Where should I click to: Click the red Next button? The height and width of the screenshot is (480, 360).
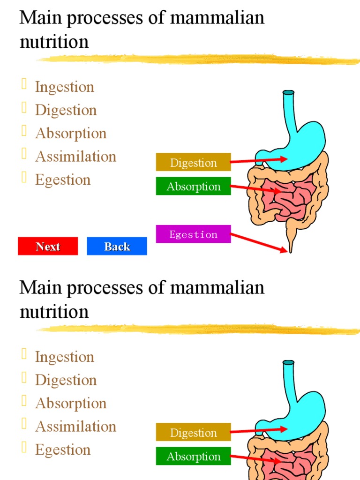tap(48, 246)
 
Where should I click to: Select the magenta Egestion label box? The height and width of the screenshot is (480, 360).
tap(193, 234)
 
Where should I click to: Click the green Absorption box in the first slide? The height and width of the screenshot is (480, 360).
tap(193, 186)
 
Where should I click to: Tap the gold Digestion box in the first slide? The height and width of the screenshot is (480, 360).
tap(193, 162)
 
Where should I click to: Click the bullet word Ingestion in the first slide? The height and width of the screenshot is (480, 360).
tap(64, 87)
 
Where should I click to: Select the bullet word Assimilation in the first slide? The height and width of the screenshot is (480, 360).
tap(75, 156)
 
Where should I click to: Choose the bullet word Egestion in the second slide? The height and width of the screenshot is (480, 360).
tap(62, 450)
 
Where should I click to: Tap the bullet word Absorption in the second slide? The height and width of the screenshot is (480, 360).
tap(71, 403)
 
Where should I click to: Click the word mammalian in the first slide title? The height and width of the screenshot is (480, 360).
tap(217, 18)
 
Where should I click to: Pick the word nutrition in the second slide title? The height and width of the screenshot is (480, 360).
tap(54, 311)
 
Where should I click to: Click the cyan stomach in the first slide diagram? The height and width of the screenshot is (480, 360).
tap(300, 141)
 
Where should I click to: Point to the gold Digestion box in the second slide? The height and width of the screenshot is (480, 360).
tap(193, 432)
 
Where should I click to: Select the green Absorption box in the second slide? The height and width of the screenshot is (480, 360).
tap(193, 456)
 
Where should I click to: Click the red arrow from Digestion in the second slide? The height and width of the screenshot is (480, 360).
tap(259, 430)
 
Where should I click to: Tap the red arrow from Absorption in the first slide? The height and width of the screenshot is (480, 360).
tap(255, 189)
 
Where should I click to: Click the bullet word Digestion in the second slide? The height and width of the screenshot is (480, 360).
tap(66, 380)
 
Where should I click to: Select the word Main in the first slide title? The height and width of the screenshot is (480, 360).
tap(34, 18)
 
